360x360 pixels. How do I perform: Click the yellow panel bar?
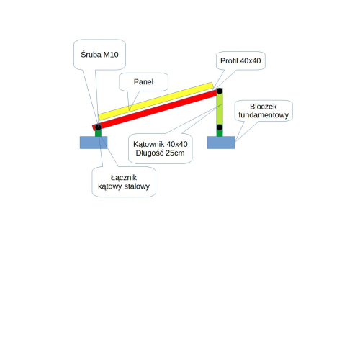(x=156, y=101)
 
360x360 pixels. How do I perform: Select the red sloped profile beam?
(x=155, y=110)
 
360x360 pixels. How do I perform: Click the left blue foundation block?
(x=94, y=143)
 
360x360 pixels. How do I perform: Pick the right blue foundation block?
(x=221, y=143)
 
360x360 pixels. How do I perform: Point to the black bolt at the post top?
(x=220, y=91)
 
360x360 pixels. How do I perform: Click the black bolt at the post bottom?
(x=220, y=127)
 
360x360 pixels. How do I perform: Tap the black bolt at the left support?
(x=98, y=127)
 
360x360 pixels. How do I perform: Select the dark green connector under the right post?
(x=220, y=133)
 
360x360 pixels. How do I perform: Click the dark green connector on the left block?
(x=98, y=133)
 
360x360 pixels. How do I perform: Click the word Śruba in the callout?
(x=91, y=55)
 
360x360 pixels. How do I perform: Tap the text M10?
(x=111, y=55)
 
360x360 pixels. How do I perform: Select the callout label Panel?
(x=143, y=82)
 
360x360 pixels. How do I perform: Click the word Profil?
(x=229, y=60)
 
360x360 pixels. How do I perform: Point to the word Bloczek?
(x=264, y=107)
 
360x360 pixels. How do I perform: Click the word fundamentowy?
(x=264, y=115)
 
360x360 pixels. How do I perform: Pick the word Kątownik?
(x=149, y=144)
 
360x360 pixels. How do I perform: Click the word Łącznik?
(x=124, y=178)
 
